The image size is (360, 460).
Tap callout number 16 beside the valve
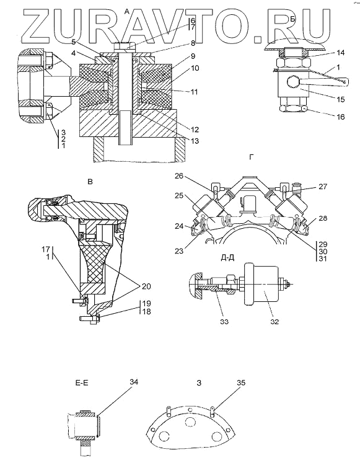coord(340,117)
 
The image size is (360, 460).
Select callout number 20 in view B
coord(146,286)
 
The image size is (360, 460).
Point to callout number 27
coord(323,186)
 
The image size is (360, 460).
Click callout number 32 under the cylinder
coord(274,322)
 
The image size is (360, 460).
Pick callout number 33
coord(224,322)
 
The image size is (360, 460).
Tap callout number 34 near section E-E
coord(133,382)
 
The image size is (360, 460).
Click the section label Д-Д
coord(227,259)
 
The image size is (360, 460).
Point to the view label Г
coord(251,157)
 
